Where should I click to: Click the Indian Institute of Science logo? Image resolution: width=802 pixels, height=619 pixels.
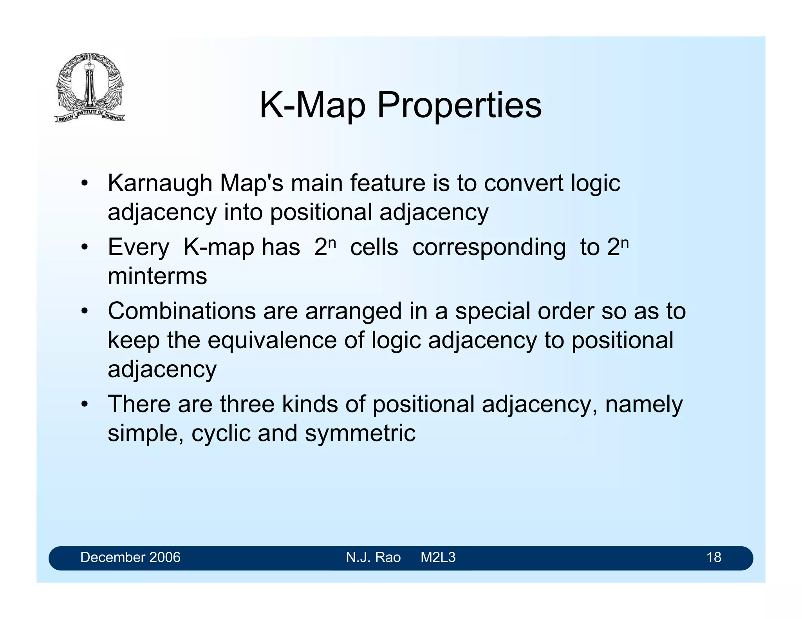pyautogui.click(x=90, y=88)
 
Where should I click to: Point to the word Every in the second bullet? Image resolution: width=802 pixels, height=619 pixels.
pyautogui.click(x=138, y=248)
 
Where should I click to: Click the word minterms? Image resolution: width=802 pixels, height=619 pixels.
pyautogui.click(x=157, y=276)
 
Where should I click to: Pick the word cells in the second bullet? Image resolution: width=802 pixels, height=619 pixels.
pyautogui.click(x=374, y=247)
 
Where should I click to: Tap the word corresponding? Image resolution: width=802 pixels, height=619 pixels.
pyautogui.click(x=489, y=248)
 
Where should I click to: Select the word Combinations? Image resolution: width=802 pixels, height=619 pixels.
pyautogui.click(x=182, y=311)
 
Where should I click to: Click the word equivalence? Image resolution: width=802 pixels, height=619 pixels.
pyautogui.click(x=272, y=340)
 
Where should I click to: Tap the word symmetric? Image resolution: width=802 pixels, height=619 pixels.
pyautogui.click(x=360, y=434)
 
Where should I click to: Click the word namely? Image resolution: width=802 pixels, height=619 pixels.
pyautogui.click(x=643, y=405)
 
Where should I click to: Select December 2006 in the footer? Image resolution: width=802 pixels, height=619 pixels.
pyautogui.click(x=130, y=557)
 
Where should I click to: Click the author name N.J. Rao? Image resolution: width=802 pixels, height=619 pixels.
pyautogui.click(x=373, y=557)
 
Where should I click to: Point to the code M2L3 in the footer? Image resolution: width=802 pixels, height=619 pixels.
pyautogui.click(x=438, y=557)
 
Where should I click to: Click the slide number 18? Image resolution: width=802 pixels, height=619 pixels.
pyautogui.click(x=713, y=557)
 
